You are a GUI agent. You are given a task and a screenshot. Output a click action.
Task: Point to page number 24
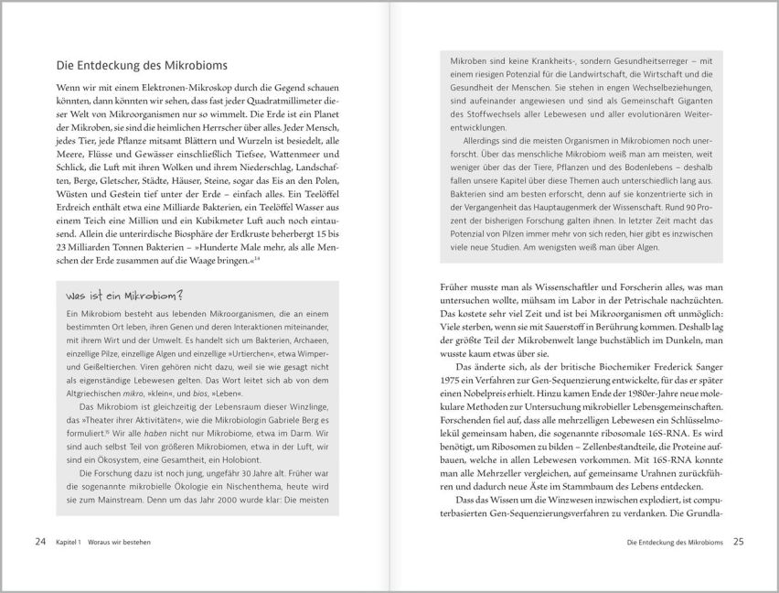click(x=39, y=542)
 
